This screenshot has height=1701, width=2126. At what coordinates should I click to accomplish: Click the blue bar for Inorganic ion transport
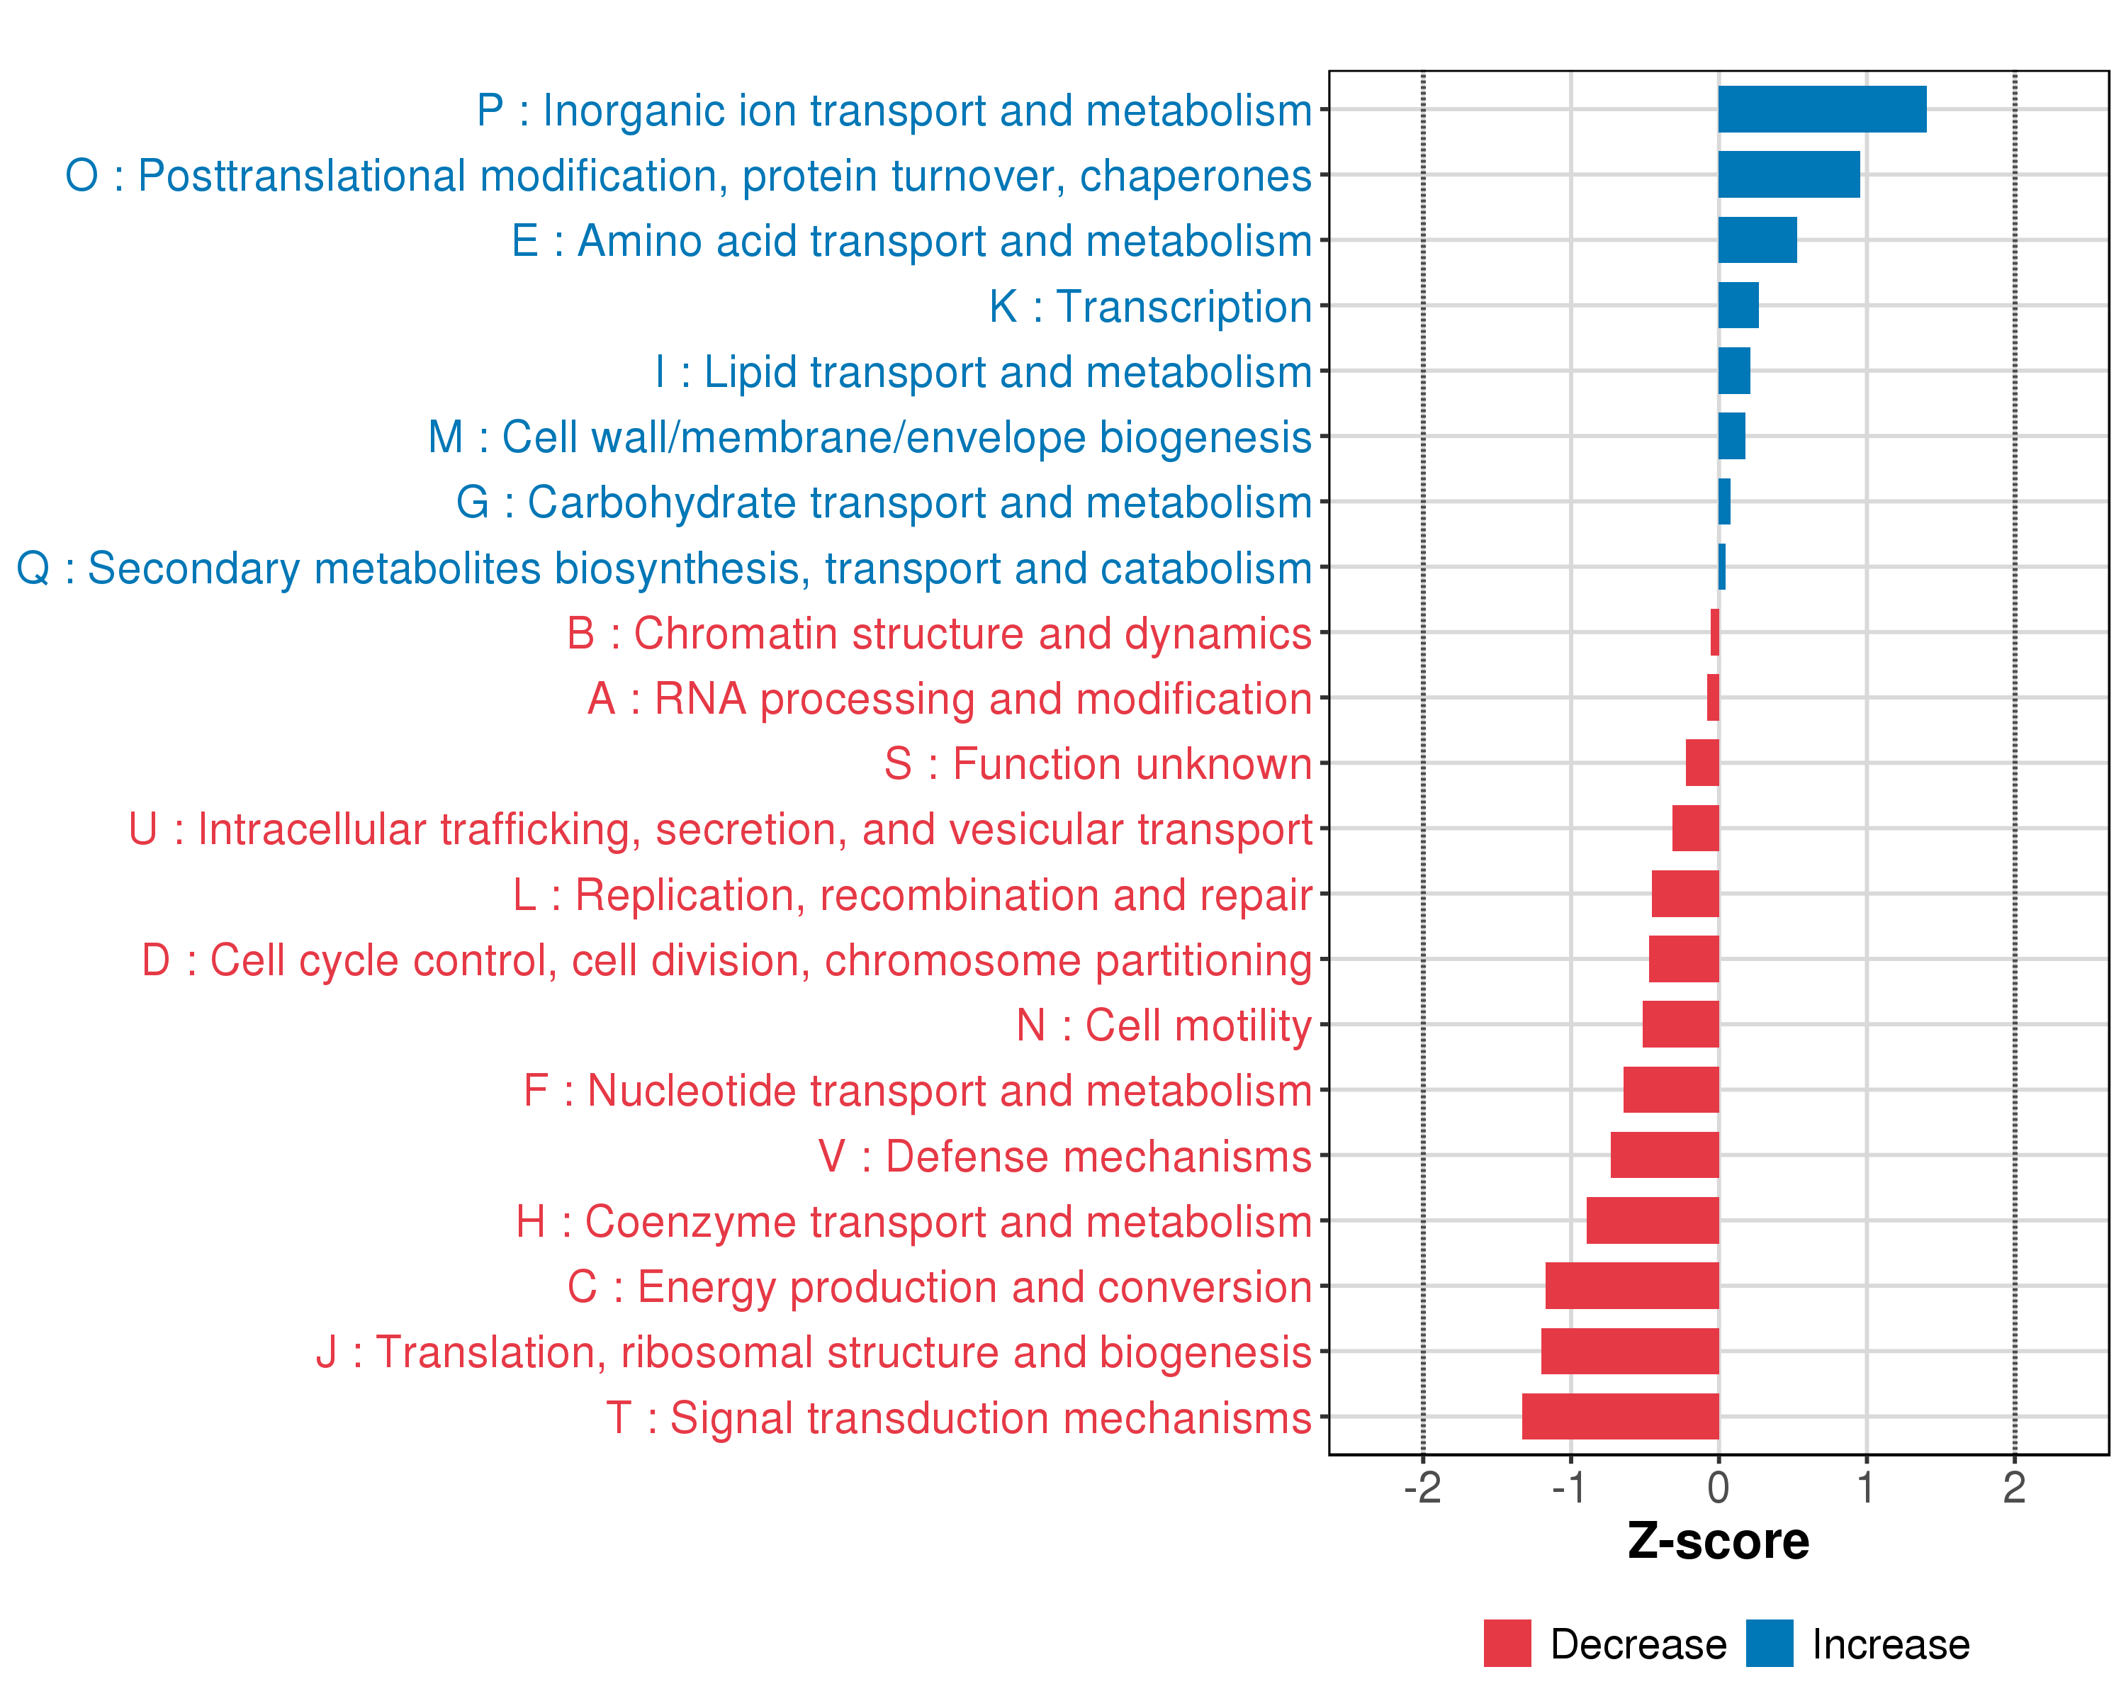[1821, 109]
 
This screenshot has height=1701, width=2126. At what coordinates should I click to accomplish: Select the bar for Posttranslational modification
[1789, 174]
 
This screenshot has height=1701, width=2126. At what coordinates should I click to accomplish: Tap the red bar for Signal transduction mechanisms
[1620, 1416]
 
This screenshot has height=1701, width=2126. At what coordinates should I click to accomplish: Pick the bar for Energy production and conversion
[1632, 1286]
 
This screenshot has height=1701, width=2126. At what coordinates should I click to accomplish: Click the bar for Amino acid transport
[1757, 240]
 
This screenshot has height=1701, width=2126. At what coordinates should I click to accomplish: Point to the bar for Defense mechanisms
[1665, 1155]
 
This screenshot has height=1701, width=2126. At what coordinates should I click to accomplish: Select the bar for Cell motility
[1680, 1023]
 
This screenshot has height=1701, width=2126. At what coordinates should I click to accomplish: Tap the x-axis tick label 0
[1718, 1487]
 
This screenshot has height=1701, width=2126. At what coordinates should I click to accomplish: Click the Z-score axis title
[1718, 1542]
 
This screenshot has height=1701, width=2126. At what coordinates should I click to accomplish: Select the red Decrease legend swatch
[1507, 1644]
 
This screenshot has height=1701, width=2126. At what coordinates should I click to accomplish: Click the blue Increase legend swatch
[1769, 1644]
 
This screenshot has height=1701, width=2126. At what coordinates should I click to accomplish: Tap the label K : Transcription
[1149, 307]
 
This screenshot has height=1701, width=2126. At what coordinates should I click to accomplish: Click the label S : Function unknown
[1098, 764]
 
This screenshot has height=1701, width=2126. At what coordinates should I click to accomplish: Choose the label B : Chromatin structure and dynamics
[939, 633]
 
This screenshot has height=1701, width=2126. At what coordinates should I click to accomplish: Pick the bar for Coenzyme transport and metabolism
[1653, 1220]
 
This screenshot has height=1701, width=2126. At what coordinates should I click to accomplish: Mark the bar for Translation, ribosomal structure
[1630, 1351]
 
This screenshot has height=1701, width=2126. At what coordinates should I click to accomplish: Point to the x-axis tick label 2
[2013, 1487]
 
